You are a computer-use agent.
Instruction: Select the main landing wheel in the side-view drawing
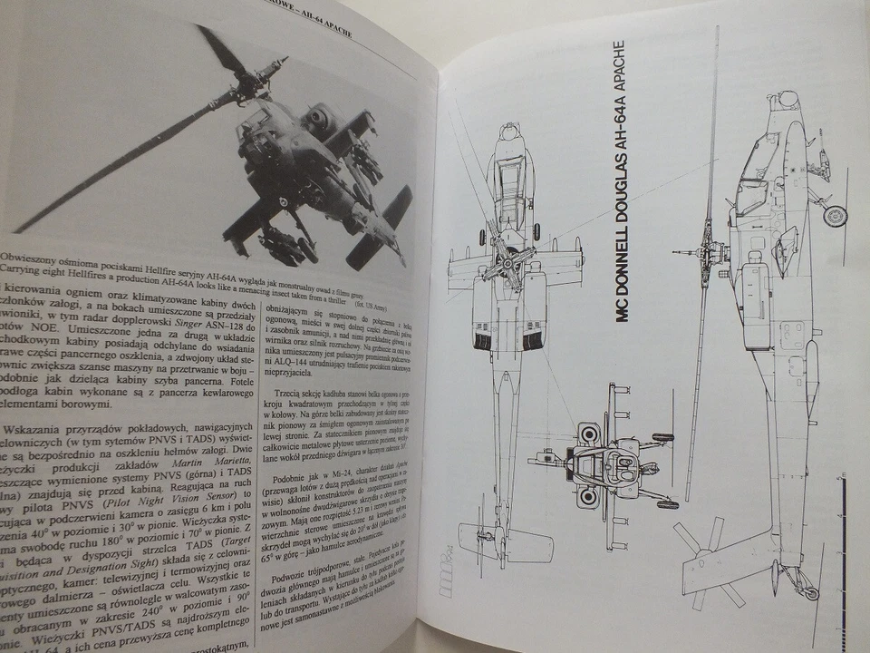click(835, 215)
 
